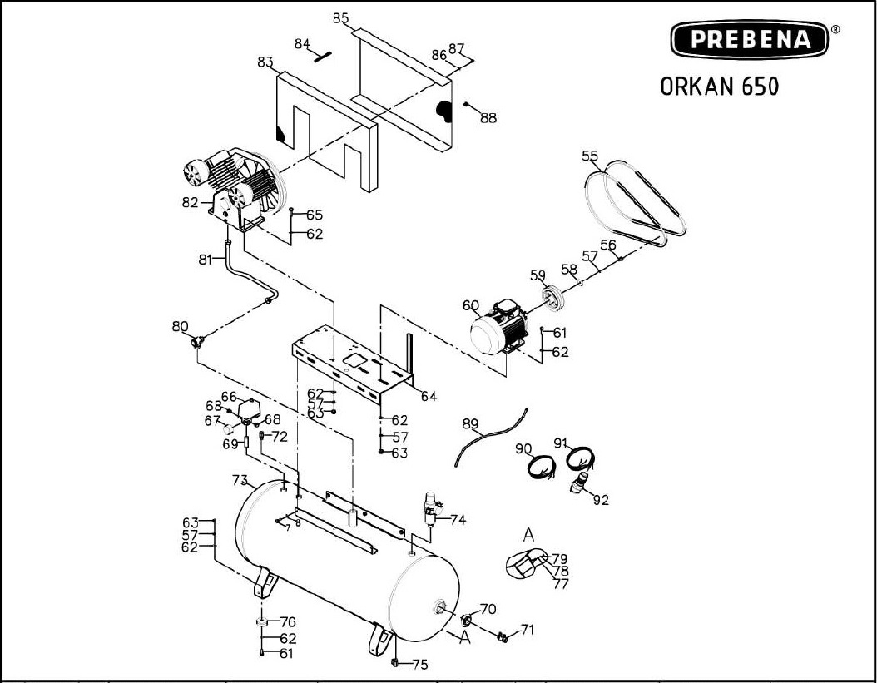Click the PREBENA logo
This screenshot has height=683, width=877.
[750, 39]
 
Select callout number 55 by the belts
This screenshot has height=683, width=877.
[590, 156]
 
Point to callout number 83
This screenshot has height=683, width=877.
[265, 62]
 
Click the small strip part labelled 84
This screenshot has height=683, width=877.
[323, 56]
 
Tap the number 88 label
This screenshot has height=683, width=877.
[488, 118]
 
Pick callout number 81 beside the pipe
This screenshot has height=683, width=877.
[206, 260]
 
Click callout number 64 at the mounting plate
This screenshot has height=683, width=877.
[428, 396]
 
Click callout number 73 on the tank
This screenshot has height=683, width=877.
[240, 480]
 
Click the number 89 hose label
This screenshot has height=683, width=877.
[470, 424]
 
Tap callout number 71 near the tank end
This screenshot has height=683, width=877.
[528, 629]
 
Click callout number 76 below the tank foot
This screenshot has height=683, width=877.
[288, 622]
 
